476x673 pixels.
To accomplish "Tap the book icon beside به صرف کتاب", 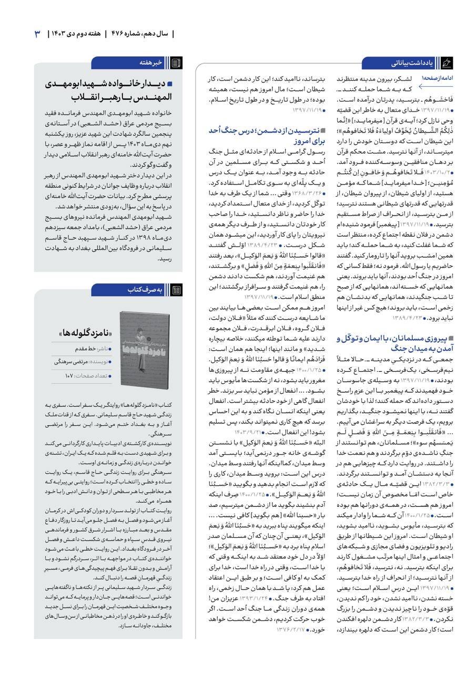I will (x=177, y=289).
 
